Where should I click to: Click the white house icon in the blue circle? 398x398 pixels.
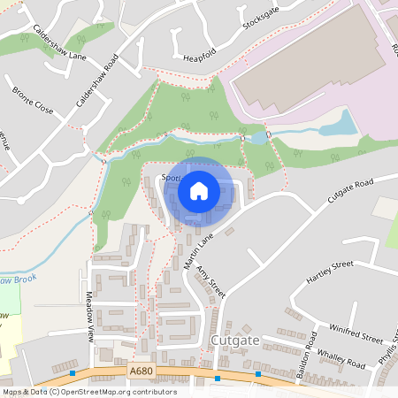coord(199,190)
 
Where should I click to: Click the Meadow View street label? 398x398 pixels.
coord(89,314)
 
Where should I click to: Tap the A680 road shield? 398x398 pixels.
coord(142,373)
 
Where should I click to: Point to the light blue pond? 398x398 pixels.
coord(337,125)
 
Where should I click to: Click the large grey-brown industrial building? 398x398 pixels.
coord(301,71)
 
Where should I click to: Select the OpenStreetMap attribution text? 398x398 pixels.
coord(88,392)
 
